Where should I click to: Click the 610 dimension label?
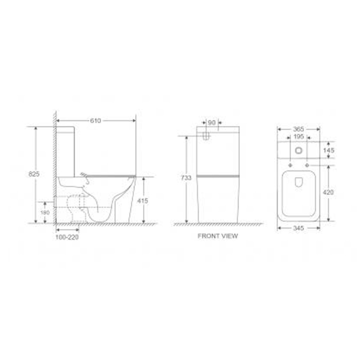click(95, 121)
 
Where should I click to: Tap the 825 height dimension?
click(34, 174)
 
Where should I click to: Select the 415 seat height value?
click(142, 201)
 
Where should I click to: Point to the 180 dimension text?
click(45, 213)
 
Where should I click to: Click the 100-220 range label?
click(67, 237)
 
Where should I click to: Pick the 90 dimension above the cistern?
click(212, 123)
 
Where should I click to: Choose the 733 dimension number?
click(186, 178)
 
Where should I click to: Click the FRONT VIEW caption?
click(218, 236)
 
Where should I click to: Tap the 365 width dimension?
click(298, 129)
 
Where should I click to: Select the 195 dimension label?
click(299, 137)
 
